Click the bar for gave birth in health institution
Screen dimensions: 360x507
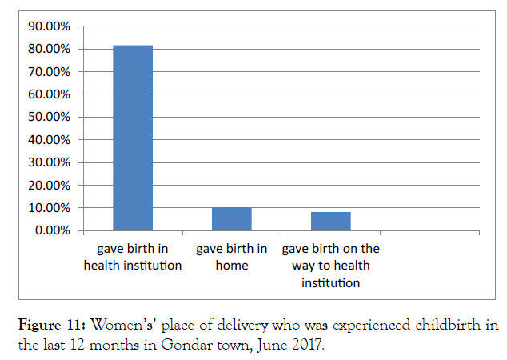[133, 138]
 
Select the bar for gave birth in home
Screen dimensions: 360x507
[232, 219]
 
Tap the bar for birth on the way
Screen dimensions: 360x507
[331, 222]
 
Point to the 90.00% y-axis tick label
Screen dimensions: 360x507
[50, 26]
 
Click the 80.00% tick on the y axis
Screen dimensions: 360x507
[50, 49]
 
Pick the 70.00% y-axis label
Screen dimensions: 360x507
[50, 72]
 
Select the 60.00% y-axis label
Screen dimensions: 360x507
[50, 94]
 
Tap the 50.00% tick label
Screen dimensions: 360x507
[50, 117]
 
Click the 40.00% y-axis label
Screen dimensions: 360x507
[50, 140]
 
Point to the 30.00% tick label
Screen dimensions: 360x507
[50, 162]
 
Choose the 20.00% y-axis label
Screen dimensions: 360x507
[50, 185]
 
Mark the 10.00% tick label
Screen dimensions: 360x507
[50, 208]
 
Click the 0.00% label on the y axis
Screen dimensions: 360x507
[53, 230]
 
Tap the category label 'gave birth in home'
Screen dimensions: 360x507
[232, 256]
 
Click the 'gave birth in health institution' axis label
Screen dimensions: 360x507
[133, 256]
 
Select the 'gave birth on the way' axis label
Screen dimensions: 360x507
[331, 265]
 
